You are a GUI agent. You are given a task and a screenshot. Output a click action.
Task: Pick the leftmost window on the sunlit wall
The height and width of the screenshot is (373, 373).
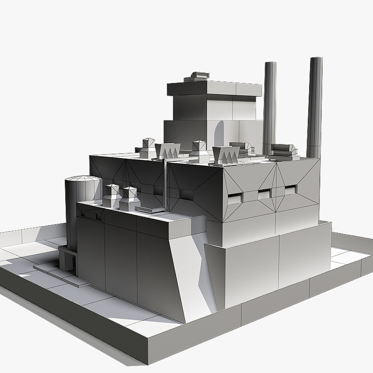[235, 198]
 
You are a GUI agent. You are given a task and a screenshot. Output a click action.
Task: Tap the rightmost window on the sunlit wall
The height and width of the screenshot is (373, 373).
[290, 189]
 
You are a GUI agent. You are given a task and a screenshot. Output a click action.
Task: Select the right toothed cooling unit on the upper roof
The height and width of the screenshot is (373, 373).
[226, 154]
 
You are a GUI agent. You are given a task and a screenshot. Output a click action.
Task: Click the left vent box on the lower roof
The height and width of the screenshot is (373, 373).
[112, 196]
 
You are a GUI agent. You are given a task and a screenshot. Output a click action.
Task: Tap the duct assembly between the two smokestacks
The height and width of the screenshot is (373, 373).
[283, 150]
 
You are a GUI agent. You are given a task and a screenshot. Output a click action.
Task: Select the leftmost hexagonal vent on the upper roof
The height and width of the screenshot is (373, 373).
[149, 148]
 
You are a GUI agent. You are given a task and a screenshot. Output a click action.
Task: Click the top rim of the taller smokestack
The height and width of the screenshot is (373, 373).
[316, 59]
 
